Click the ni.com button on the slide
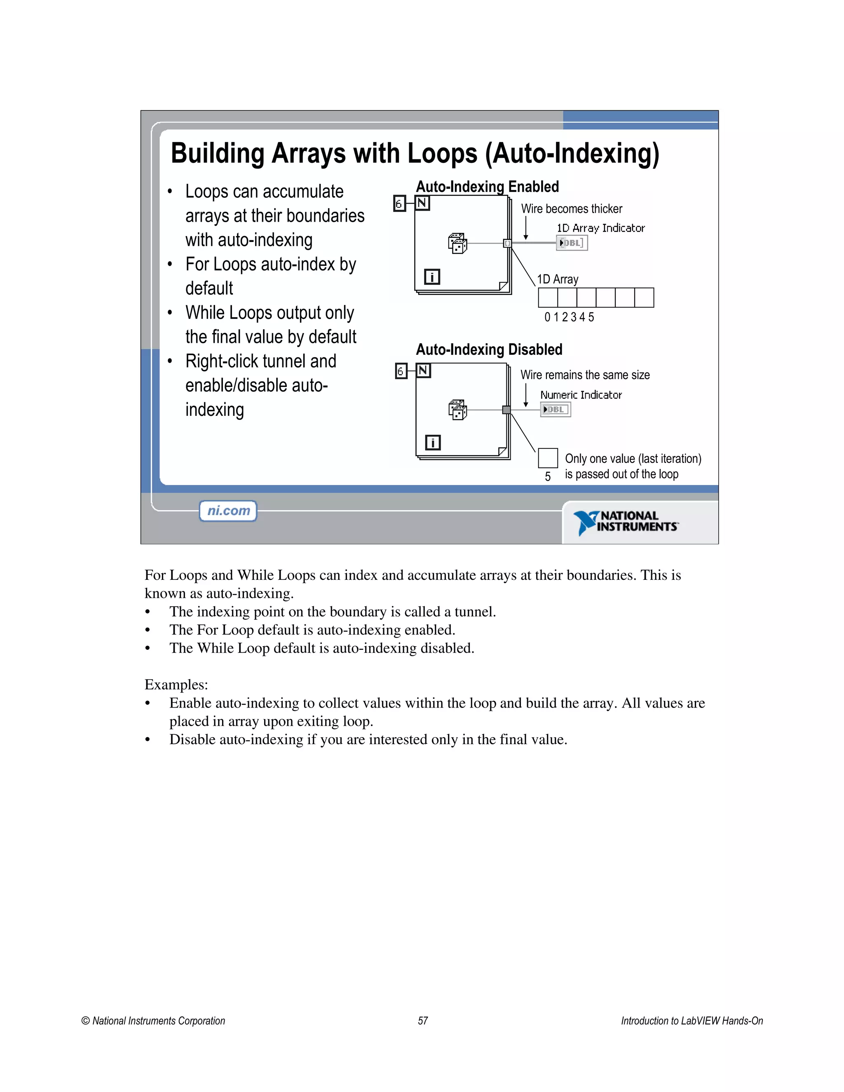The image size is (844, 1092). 228,511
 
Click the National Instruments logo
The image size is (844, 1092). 626,522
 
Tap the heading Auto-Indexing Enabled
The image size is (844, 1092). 487,187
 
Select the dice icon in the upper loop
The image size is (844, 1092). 457,244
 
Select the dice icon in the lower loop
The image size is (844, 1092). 457,410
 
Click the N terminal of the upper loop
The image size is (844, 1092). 422,203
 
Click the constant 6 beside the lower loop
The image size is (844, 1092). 401,371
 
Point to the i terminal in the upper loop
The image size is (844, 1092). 431,277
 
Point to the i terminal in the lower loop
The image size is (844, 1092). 432,443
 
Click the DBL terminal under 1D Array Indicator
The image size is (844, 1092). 572,243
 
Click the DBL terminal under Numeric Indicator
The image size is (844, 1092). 555,410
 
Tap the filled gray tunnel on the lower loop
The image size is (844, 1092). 506,410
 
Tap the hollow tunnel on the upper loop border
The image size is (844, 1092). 507,243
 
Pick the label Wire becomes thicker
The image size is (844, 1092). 572,209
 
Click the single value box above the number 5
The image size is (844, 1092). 548,457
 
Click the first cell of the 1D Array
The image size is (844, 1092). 548,298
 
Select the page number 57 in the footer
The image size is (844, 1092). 423,1020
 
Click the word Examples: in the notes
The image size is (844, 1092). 176,684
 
